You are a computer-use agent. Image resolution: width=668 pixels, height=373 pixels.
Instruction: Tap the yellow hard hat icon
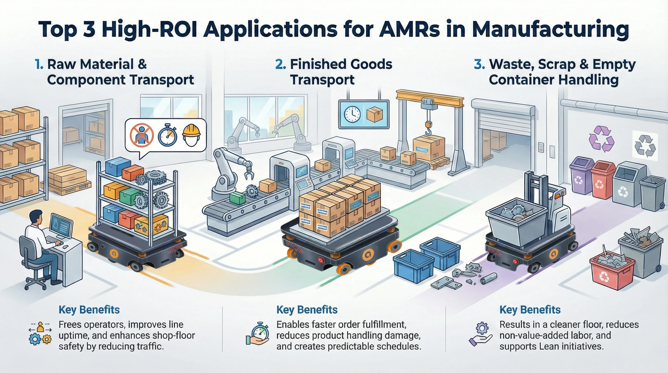[x=191, y=135]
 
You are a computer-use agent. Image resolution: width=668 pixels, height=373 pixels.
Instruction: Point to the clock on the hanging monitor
[x=352, y=114]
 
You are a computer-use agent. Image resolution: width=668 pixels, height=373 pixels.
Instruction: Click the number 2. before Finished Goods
[x=281, y=64]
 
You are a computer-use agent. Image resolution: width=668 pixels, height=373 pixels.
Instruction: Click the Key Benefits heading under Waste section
[x=530, y=310]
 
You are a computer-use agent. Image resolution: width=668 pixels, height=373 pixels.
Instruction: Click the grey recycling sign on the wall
[x=645, y=147]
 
